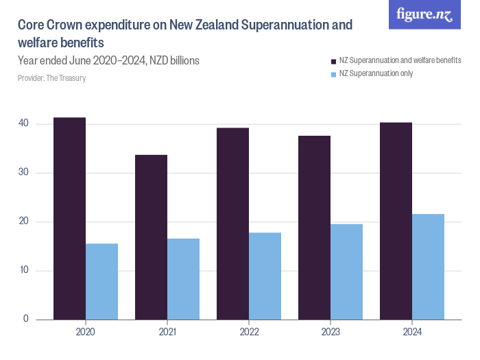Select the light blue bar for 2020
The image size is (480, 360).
pyautogui.click(x=101, y=281)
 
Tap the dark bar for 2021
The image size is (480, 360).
pyautogui.click(x=151, y=237)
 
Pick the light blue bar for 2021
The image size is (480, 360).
pyautogui.click(x=183, y=278)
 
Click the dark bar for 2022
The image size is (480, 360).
pyautogui.click(x=232, y=224)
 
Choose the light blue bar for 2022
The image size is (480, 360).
pyautogui.click(x=265, y=276)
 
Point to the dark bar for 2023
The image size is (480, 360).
pyautogui.click(x=314, y=227)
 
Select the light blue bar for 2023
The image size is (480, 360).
pyautogui.click(x=346, y=272)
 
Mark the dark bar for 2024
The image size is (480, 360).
pyautogui.click(x=396, y=221)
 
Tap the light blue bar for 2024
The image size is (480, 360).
pyautogui.click(x=428, y=266)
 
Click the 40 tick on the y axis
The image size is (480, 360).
pyautogui.click(x=23, y=123)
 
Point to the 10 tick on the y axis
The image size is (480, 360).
pyautogui.click(x=23, y=270)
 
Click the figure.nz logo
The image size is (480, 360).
pyautogui.click(x=425, y=14)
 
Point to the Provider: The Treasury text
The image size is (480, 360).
pyautogui.click(x=51, y=78)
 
